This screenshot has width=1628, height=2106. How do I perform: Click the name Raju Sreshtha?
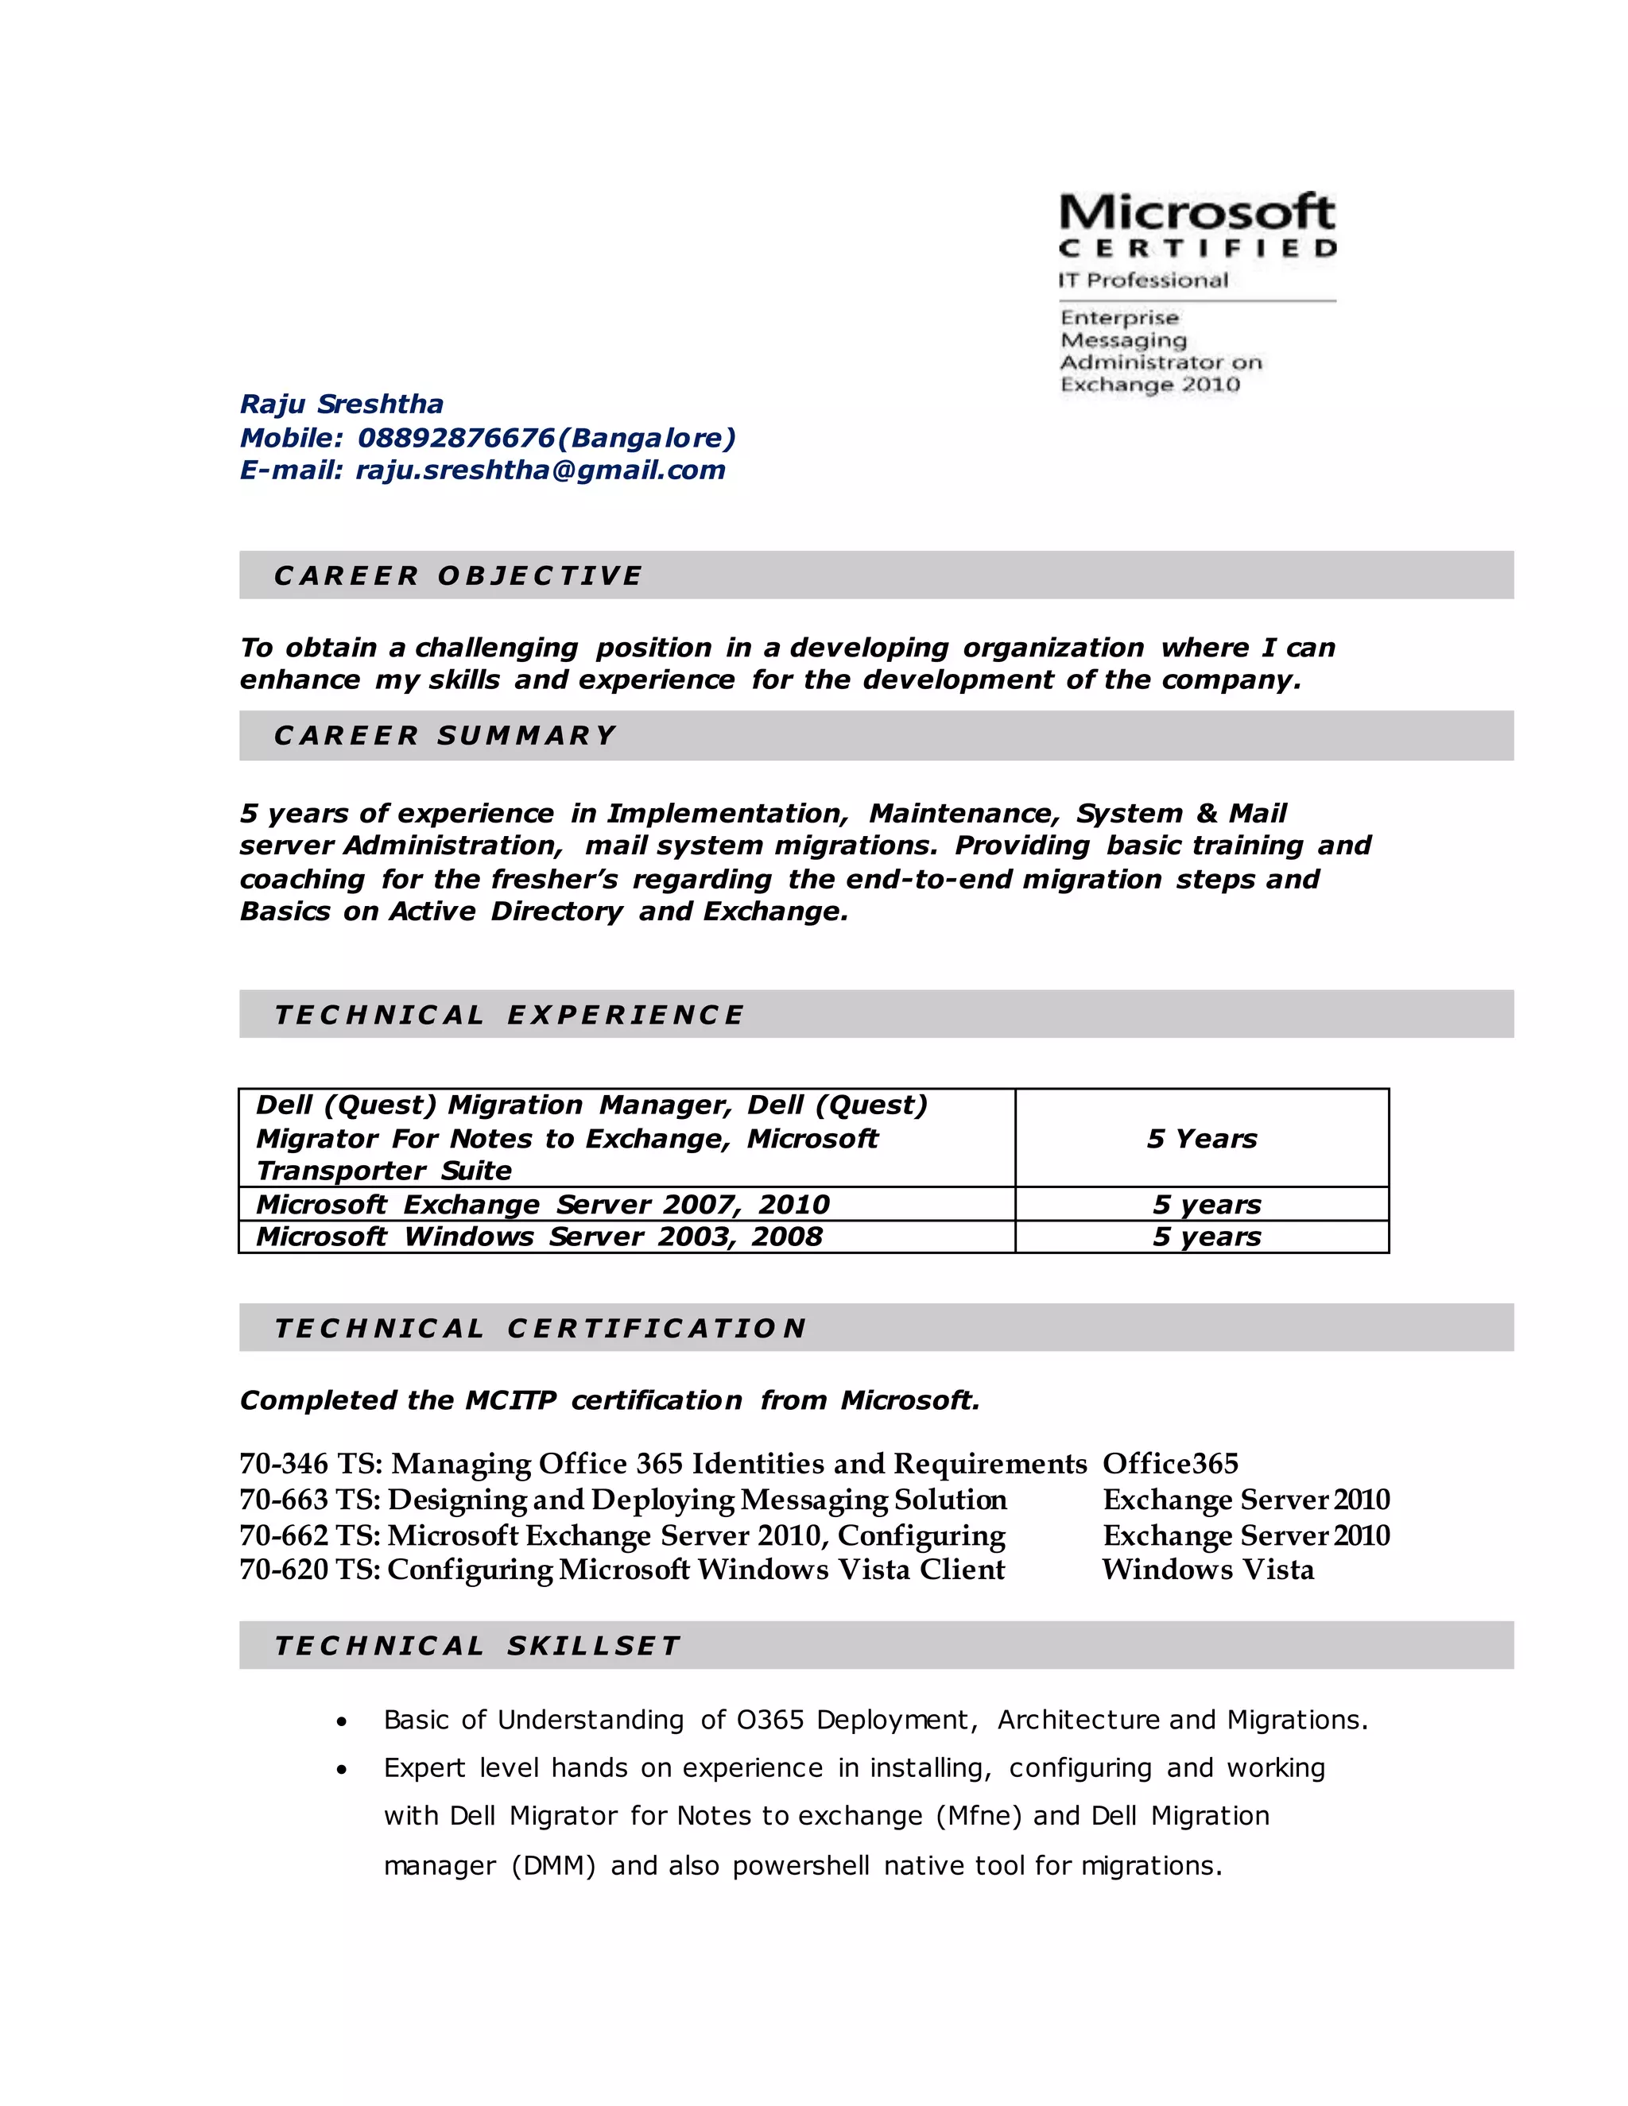pyautogui.click(x=341, y=404)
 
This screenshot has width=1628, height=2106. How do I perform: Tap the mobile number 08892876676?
pyautogui.click(x=456, y=438)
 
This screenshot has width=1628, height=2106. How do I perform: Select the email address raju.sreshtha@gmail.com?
pyautogui.click(x=540, y=470)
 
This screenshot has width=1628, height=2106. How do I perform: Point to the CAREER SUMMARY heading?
pyautogui.click(x=444, y=736)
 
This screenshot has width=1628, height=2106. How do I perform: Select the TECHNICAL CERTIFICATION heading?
pyautogui.click(x=540, y=1328)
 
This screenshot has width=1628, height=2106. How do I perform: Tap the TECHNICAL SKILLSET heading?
pyautogui.click(x=478, y=1645)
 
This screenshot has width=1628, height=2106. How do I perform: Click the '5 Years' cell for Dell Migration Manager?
pyautogui.click(x=1202, y=1139)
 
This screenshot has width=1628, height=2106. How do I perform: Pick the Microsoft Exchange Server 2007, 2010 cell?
pyautogui.click(x=542, y=1204)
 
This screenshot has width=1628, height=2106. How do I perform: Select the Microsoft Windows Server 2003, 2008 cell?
pyautogui.click(x=539, y=1237)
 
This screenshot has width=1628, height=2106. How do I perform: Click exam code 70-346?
pyautogui.click(x=284, y=1464)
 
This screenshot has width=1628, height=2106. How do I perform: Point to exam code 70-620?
pyautogui.click(x=284, y=1570)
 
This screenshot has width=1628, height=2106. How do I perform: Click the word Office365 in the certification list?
pyautogui.click(x=1170, y=1464)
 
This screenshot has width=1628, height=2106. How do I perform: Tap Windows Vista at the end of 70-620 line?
pyautogui.click(x=1207, y=1570)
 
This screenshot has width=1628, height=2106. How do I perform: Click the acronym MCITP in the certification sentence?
pyautogui.click(x=510, y=1400)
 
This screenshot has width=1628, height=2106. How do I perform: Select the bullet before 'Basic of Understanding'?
pyautogui.click(x=341, y=1721)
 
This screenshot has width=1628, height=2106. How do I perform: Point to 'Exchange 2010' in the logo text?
pyautogui.click(x=1149, y=385)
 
